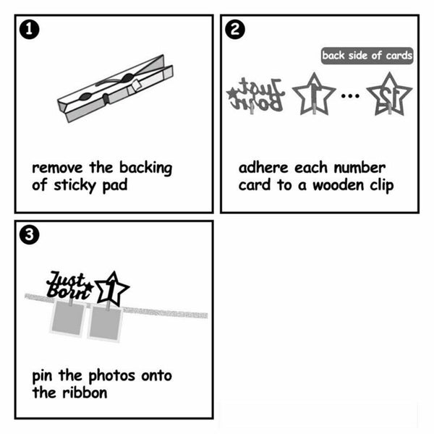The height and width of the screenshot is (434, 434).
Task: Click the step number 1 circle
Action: click(x=30, y=30)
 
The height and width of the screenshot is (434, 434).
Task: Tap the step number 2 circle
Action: click(x=235, y=30)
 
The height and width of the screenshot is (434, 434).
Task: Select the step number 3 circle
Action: click(x=30, y=234)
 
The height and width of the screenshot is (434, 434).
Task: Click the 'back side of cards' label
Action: click(x=367, y=56)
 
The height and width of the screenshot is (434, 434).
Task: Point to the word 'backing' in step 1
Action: click(x=145, y=168)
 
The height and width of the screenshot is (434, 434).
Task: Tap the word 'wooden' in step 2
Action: click(x=338, y=185)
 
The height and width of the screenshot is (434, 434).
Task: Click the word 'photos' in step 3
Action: click(x=112, y=376)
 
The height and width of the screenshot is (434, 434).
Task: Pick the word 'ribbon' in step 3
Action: click(x=85, y=393)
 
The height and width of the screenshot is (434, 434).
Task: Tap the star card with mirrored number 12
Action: click(x=389, y=94)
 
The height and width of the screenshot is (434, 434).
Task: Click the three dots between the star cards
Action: click(x=350, y=95)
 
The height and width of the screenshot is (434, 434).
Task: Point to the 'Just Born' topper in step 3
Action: click(x=69, y=285)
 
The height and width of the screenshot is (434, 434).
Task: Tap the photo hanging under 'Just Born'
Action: click(x=68, y=318)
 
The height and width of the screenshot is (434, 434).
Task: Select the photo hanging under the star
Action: click(x=105, y=323)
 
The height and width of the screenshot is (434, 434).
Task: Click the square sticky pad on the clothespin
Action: click(x=136, y=85)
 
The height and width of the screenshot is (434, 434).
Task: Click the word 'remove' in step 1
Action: click(x=57, y=168)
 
